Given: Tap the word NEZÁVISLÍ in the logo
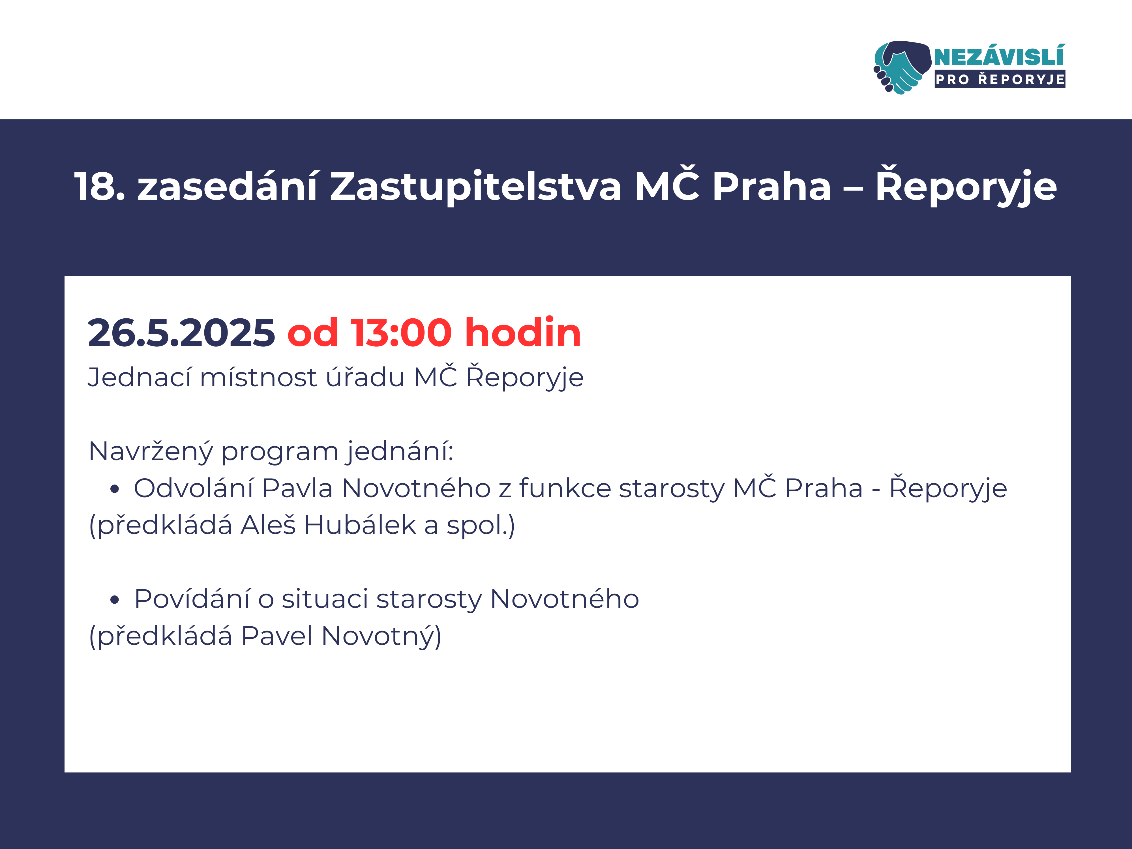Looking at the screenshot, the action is click(x=1000, y=56).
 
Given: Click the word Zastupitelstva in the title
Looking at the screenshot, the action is click(x=476, y=185).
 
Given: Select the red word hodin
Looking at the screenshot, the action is click(x=523, y=332).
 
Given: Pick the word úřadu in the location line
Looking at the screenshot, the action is click(x=365, y=378).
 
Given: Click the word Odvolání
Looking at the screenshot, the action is click(x=194, y=488).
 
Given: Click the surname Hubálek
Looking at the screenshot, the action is click(x=360, y=525).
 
